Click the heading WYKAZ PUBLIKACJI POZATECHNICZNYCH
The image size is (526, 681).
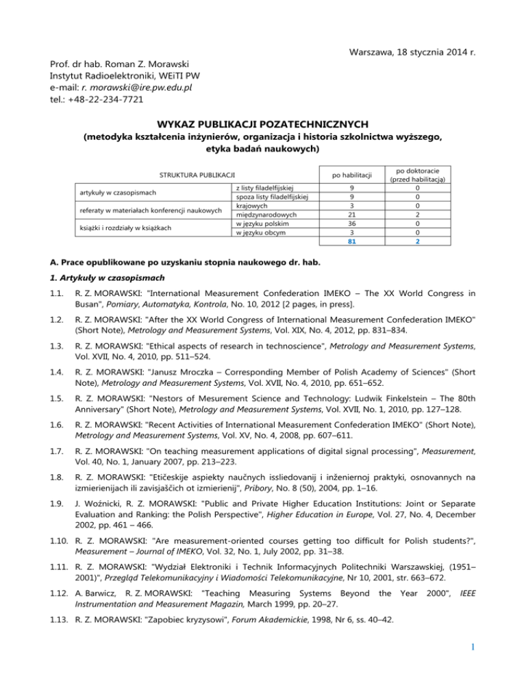click(262, 125)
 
